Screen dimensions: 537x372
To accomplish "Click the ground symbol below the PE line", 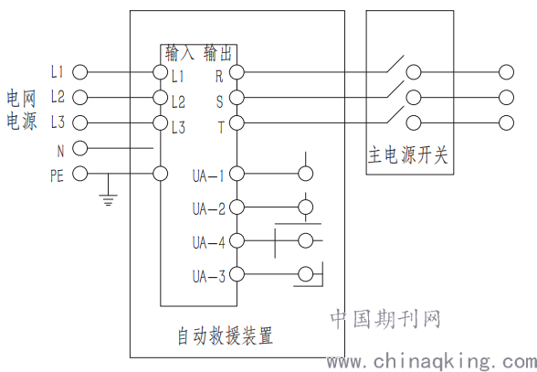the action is (108, 200).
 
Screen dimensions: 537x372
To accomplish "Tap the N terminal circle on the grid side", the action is (80, 148).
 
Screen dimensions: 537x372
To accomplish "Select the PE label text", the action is (57, 175).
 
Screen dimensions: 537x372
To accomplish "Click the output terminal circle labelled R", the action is (237, 72).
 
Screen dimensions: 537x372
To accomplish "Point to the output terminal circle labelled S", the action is (237, 98).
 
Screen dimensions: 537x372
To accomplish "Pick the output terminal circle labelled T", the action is (237, 122).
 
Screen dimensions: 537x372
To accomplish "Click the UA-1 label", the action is (208, 175).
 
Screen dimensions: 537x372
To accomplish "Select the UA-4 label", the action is (208, 243).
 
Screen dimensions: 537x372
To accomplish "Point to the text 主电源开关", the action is (408, 155).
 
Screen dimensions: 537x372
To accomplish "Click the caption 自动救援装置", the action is (225, 335).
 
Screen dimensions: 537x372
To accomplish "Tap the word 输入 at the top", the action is (179, 53).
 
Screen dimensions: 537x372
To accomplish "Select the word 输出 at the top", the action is (217, 53).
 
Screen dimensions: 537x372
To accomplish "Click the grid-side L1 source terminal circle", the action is (80, 72).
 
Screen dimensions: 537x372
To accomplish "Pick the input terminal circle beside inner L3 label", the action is (161, 122).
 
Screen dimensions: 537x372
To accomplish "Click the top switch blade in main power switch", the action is (395, 64).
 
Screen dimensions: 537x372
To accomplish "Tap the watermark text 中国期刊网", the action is (385, 319).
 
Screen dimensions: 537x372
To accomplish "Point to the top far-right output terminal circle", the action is (506, 72).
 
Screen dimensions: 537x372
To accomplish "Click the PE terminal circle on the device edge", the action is (161, 174).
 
